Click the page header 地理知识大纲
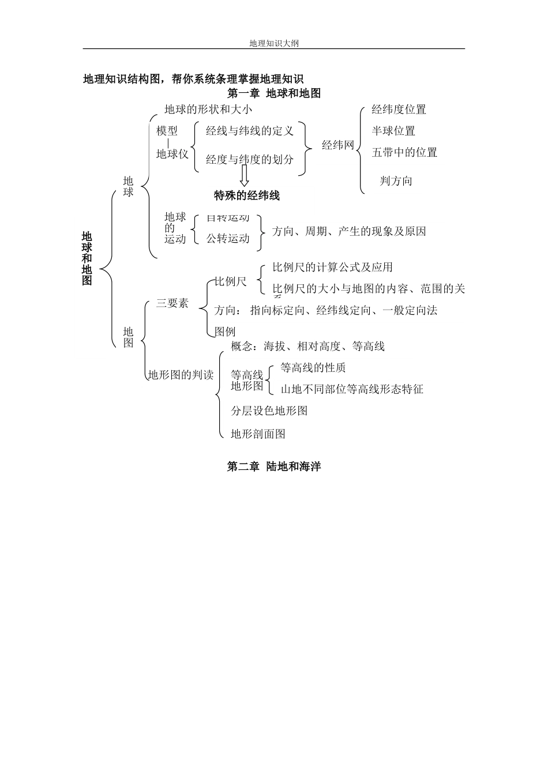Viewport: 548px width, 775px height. [x=274, y=43]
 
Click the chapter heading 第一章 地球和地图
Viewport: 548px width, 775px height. [x=274, y=93]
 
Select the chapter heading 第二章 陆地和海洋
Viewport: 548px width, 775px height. [x=274, y=466]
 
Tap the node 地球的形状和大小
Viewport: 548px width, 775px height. [x=208, y=109]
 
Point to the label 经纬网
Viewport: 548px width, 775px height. [x=338, y=145]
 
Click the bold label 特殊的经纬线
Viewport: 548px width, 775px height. [x=247, y=195]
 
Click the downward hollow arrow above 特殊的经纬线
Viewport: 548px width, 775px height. [x=245, y=175]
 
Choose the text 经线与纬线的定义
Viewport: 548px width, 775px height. [x=250, y=131]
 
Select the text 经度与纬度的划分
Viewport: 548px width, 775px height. [x=250, y=159]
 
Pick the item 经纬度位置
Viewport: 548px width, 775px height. [x=399, y=110]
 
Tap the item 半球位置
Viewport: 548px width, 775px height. [x=393, y=131]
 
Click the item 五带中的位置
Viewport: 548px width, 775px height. [x=404, y=152]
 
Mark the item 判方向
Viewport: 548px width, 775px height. [x=396, y=180]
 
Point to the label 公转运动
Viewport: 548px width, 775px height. [x=228, y=238]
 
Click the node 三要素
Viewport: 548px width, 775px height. [x=172, y=303]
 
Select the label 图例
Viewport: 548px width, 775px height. [x=225, y=332]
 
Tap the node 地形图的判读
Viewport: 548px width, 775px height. [x=181, y=375]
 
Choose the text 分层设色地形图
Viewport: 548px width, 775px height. [x=269, y=411]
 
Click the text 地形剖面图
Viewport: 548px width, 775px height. [x=258, y=434]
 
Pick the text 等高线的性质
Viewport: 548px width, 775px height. [x=313, y=368]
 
